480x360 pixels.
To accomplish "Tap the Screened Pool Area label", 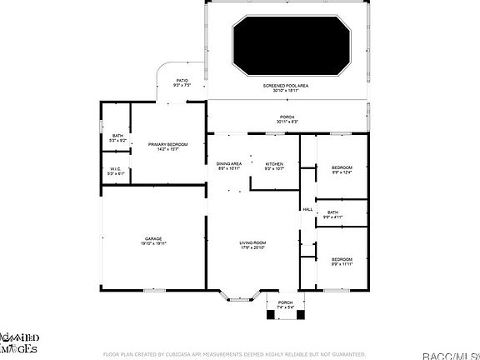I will coord(287,87).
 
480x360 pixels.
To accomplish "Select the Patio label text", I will coord(182,82).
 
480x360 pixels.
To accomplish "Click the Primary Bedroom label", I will coord(168,147).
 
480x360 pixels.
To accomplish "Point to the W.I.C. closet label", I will coord(116,172).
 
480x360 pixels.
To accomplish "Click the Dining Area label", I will coord(229,166).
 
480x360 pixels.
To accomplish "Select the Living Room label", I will coord(252,244).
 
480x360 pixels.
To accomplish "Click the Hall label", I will coord(307,209).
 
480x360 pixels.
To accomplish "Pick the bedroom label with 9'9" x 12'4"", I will coord(342,170).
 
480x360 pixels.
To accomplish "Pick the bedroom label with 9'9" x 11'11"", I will coord(342,262).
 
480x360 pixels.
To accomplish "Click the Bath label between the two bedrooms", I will coord(332,215).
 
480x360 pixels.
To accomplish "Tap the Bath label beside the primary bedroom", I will coord(117,137).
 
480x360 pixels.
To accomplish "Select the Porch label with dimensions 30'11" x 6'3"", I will coord(287,119).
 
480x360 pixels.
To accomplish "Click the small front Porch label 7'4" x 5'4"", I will coord(286,304).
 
